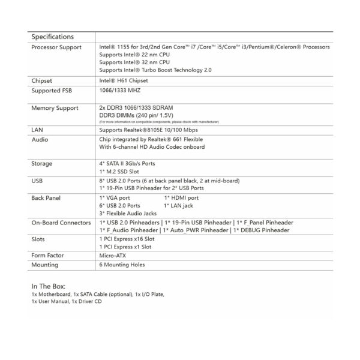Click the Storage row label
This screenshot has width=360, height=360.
click(x=41, y=163)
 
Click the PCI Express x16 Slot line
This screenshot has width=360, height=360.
click(x=125, y=238)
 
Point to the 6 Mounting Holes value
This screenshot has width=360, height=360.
click(x=122, y=264)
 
